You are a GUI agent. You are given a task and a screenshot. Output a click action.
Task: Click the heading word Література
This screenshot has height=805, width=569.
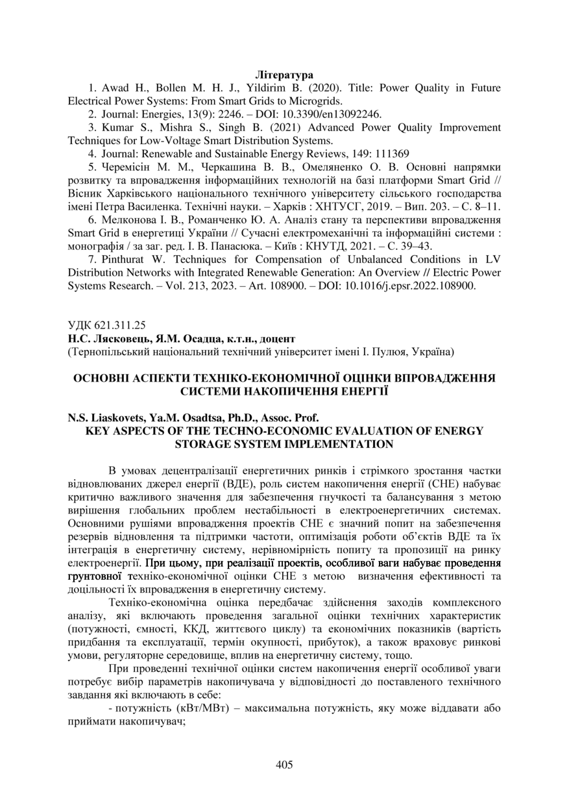284,75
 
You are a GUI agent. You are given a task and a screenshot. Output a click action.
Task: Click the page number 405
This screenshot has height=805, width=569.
284,765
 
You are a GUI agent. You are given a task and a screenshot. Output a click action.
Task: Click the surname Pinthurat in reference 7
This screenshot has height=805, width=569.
124,260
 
